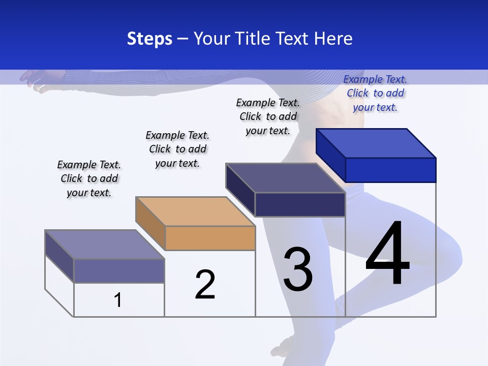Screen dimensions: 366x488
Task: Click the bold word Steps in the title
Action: point(149,39)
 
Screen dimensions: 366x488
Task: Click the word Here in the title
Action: point(333,39)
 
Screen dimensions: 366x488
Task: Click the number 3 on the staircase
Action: point(298,269)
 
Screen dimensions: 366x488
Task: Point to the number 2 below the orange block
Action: point(205,284)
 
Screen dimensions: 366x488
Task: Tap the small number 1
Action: point(118,300)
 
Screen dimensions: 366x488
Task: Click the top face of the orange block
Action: point(195,211)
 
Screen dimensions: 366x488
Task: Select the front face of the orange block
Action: point(210,238)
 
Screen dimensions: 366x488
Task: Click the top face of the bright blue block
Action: point(376,143)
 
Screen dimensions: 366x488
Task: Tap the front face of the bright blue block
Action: point(390,170)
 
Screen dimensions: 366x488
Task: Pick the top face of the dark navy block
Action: point(286,177)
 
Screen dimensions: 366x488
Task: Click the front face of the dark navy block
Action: point(300,204)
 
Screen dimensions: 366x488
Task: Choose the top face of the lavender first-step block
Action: point(105,245)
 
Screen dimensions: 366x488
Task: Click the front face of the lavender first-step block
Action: point(119,270)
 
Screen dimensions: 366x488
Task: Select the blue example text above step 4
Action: point(375,93)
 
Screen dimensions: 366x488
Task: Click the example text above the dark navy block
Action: point(268,116)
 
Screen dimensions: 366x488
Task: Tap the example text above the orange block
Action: point(177,149)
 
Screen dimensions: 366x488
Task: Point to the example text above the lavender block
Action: point(89,178)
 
